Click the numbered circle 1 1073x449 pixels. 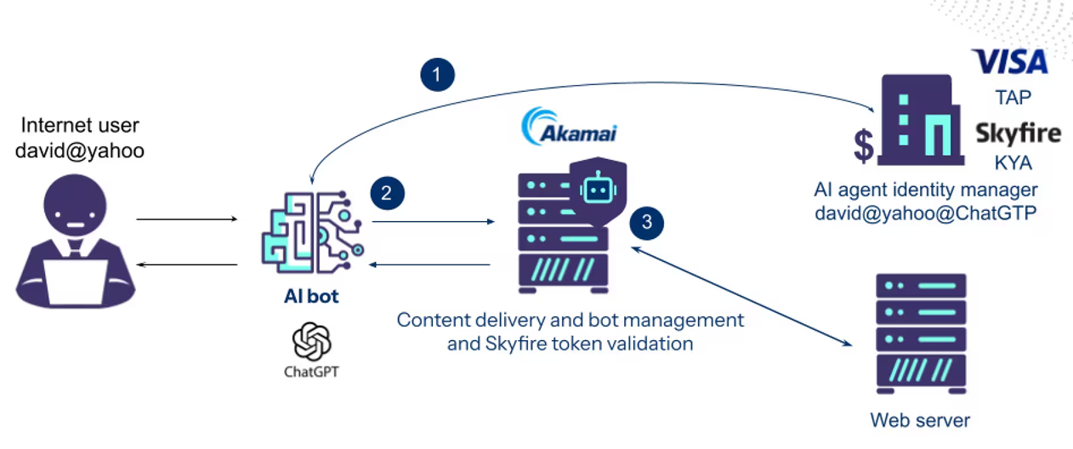(x=437, y=75)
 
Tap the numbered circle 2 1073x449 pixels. (x=387, y=192)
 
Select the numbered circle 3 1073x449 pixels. (x=647, y=223)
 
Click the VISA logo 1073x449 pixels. (x=1010, y=62)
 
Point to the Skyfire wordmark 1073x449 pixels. (x=1018, y=134)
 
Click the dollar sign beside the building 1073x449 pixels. (x=864, y=145)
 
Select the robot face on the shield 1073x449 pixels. (x=597, y=190)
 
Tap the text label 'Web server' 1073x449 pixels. (x=920, y=419)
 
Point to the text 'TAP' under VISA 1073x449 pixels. (x=1013, y=98)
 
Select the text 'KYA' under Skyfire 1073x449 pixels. (x=1013, y=163)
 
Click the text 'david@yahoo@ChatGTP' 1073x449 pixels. (x=926, y=213)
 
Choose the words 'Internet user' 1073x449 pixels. (x=80, y=126)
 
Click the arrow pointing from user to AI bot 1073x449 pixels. (x=187, y=219)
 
